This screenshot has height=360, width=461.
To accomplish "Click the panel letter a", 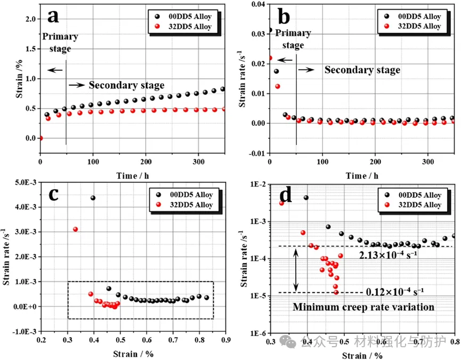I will coord(53,17).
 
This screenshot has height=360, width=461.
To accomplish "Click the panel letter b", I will coord(285,18).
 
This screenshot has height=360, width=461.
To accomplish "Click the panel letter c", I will coord(54,196).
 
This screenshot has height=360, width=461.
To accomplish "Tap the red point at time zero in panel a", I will coord(41,138).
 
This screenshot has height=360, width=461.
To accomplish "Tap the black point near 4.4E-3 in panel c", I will coord(93,198).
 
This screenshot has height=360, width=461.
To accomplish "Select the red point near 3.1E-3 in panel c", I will coord(76,229).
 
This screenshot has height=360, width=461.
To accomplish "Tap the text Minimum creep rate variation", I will coord(362,307).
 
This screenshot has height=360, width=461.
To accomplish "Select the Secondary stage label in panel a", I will coord(126,85).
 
